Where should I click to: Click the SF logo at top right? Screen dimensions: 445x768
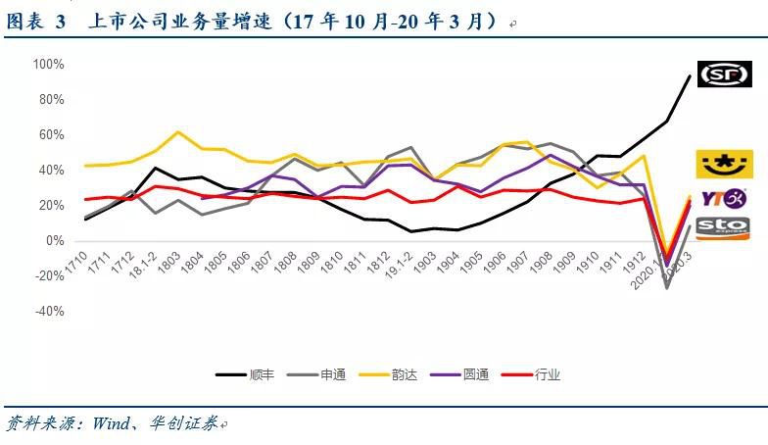coord(724,74)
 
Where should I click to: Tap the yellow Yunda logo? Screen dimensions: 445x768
coord(724,164)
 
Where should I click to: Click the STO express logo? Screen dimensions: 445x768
coord(724,228)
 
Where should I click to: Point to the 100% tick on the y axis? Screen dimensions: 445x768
coord(48,65)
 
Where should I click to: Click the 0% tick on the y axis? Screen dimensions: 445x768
coord(54,241)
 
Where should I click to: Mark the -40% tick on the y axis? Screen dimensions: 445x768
coord(49,312)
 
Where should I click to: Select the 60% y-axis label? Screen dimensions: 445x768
coord(51,135)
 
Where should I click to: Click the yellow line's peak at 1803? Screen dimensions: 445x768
coord(177,131)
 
